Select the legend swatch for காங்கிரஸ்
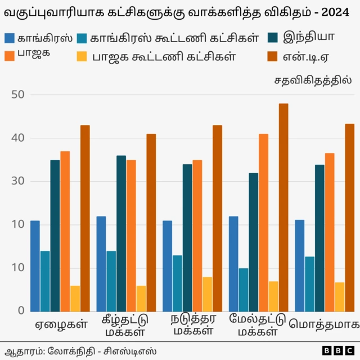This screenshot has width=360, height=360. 10,38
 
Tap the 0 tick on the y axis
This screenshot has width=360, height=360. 21,310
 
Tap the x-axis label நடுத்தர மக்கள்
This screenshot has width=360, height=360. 193,325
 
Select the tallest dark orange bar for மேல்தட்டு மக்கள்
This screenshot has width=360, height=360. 283,207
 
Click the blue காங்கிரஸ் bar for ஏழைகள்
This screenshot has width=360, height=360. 35,265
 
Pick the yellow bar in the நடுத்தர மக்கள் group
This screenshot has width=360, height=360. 208,294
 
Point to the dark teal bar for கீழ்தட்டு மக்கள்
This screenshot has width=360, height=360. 121,233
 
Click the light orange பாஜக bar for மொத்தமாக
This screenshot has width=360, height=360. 330,232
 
